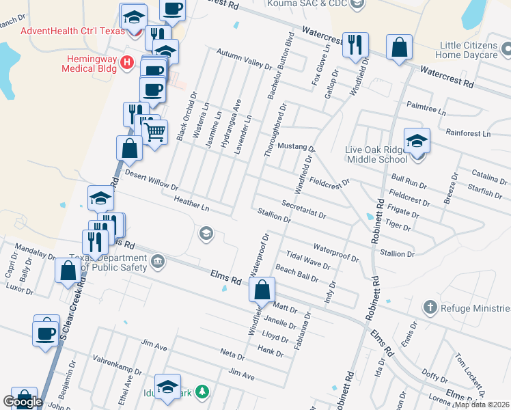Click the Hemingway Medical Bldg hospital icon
126,63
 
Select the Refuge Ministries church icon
429,307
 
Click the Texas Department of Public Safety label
108,262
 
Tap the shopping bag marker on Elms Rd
262,290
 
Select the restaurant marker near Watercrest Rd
355,45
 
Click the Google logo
23,402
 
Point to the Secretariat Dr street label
303,209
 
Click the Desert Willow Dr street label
152,181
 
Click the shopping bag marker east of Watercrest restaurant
399,47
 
